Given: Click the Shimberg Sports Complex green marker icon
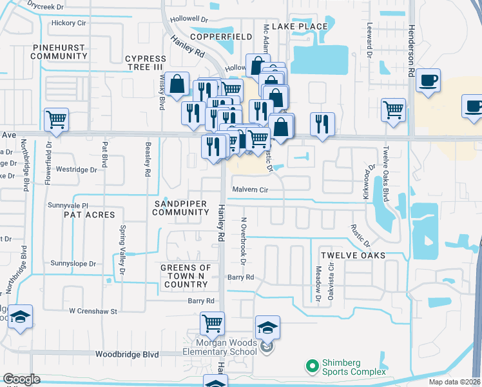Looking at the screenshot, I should (313, 366).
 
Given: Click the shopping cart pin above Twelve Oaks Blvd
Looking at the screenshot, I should (393, 108).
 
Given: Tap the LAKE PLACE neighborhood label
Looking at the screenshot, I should (300, 26).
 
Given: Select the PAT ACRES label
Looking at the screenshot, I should (89, 215).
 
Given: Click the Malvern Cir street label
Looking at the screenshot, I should (249, 190).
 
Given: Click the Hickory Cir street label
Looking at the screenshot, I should (68, 23).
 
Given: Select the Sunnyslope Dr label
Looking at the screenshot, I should (73, 264).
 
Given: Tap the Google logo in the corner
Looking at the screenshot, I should (21, 379).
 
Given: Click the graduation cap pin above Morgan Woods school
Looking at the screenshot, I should (268, 326).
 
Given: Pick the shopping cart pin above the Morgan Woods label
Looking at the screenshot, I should (212, 322).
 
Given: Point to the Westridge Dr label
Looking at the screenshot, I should (76, 170).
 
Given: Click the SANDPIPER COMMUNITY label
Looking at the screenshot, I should (180, 208).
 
